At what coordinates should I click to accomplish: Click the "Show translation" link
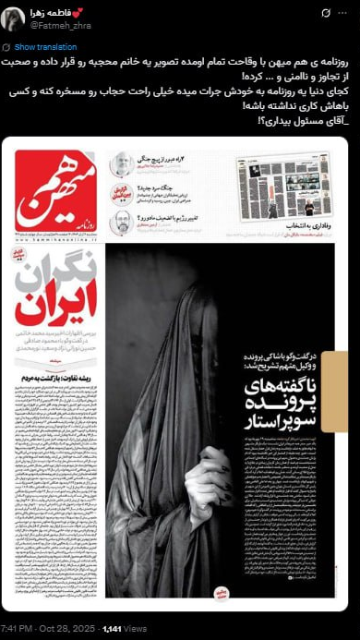[x=40, y=46]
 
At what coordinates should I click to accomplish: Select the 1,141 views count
[x=114, y=629]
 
